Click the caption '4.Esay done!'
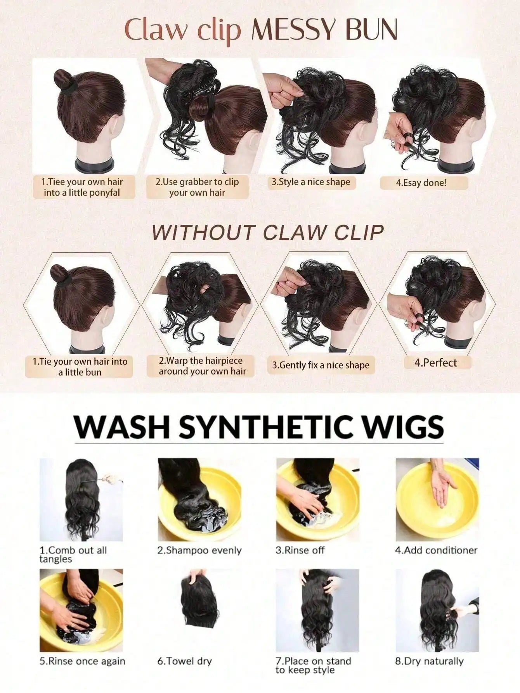[421, 182]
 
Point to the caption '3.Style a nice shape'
[311, 182]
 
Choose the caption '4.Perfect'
[436, 363]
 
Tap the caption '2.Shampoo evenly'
[199, 550]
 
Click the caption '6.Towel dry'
[185, 661]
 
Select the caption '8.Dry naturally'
[430, 661]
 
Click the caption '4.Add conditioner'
[436, 550]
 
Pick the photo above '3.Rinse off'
[318, 500]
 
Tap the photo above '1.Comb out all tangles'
[81, 500]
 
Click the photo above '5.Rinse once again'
[81, 611]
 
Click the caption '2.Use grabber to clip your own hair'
[197, 187]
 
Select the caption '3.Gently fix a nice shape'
[321, 365]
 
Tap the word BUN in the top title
[371, 30]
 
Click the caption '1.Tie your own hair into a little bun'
[80, 367]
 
